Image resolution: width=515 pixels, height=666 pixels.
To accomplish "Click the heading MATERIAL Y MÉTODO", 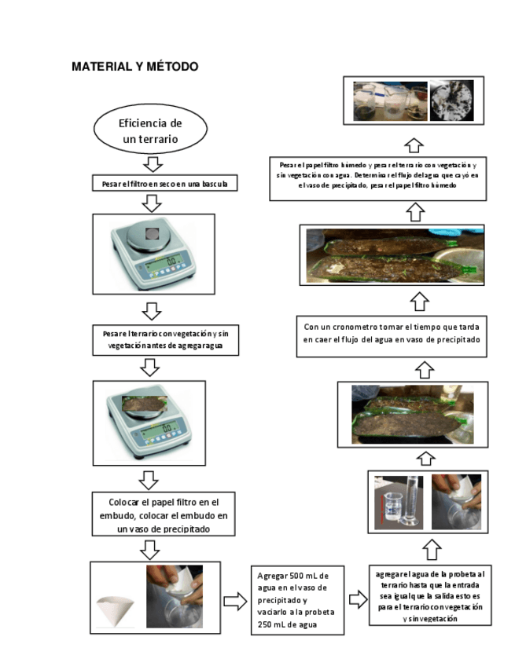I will pyautogui.click(x=134, y=67).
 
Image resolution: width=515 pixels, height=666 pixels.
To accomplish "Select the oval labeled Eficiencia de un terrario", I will pyautogui.click(x=149, y=130).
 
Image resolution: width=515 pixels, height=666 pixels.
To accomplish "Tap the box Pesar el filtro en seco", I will pyautogui.click(x=164, y=184).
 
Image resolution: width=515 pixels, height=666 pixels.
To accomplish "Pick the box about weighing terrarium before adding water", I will pyautogui.click(x=164, y=338).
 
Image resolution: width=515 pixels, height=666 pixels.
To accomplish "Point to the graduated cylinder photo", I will pyautogui.click(x=399, y=501).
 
